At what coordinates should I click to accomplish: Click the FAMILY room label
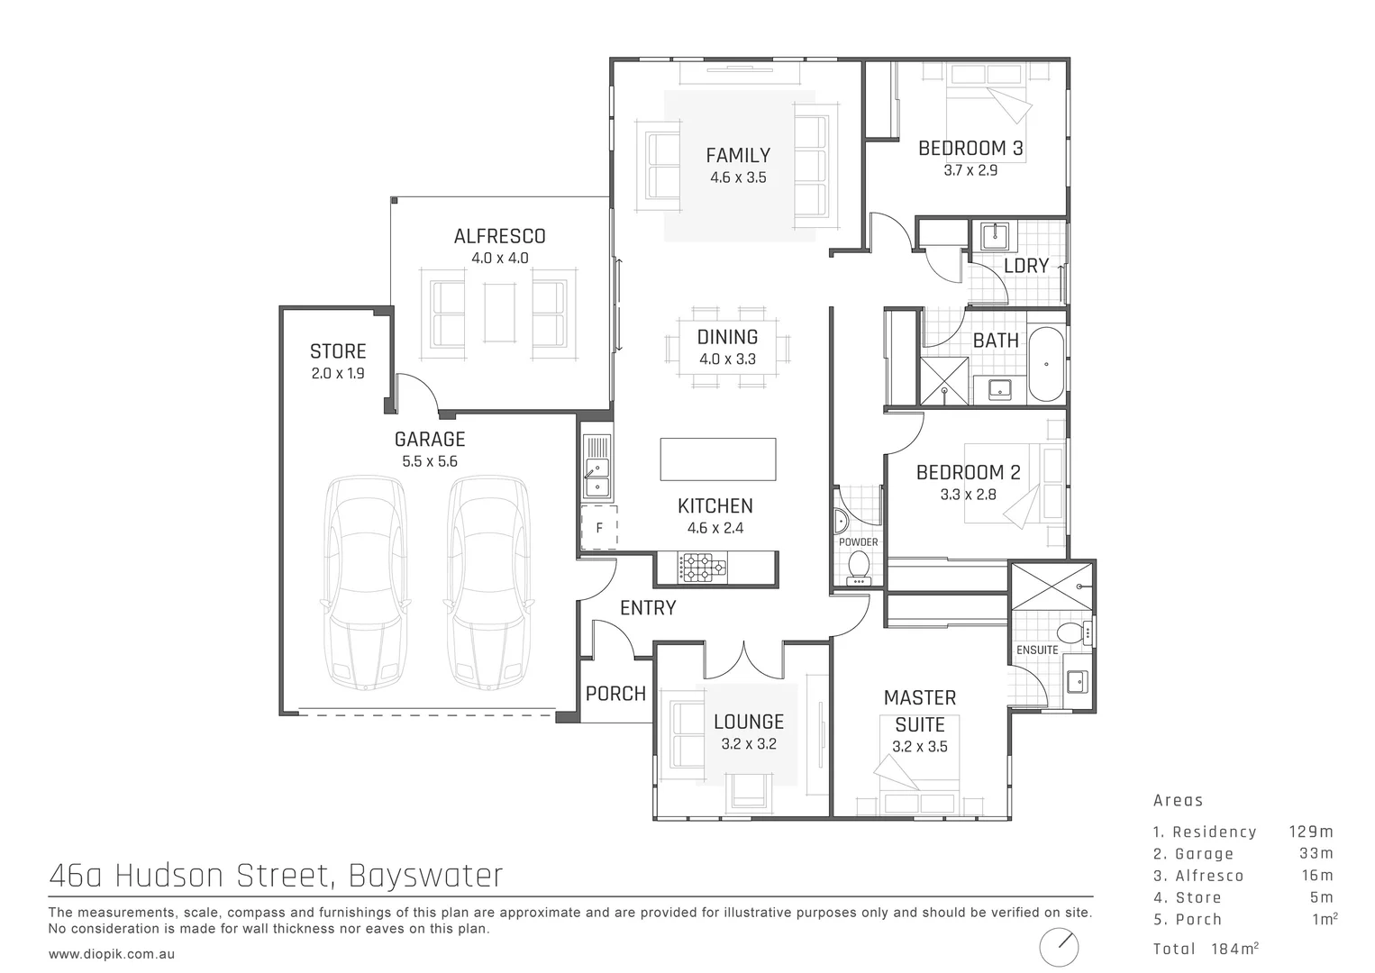click(737, 156)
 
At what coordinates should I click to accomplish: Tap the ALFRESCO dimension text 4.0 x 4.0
click(499, 258)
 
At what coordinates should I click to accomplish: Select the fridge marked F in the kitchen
click(599, 528)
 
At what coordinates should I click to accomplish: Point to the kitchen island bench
click(718, 459)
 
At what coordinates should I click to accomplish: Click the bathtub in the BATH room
click(1046, 364)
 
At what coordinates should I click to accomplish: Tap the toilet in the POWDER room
click(859, 565)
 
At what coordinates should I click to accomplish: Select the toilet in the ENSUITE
click(1070, 632)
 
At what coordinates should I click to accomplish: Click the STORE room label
click(338, 351)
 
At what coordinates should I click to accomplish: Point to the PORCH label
click(615, 694)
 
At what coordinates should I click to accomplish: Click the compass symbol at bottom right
click(1059, 947)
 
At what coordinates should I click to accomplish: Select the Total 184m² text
click(1205, 949)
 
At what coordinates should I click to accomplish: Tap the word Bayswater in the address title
click(425, 875)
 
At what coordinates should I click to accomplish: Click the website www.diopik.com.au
click(112, 953)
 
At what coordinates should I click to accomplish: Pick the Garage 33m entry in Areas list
click(1243, 854)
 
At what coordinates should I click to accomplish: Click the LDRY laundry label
click(1026, 266)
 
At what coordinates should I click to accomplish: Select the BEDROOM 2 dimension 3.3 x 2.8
click(968, 494)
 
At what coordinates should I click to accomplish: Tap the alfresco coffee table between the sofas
click(499, 313)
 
